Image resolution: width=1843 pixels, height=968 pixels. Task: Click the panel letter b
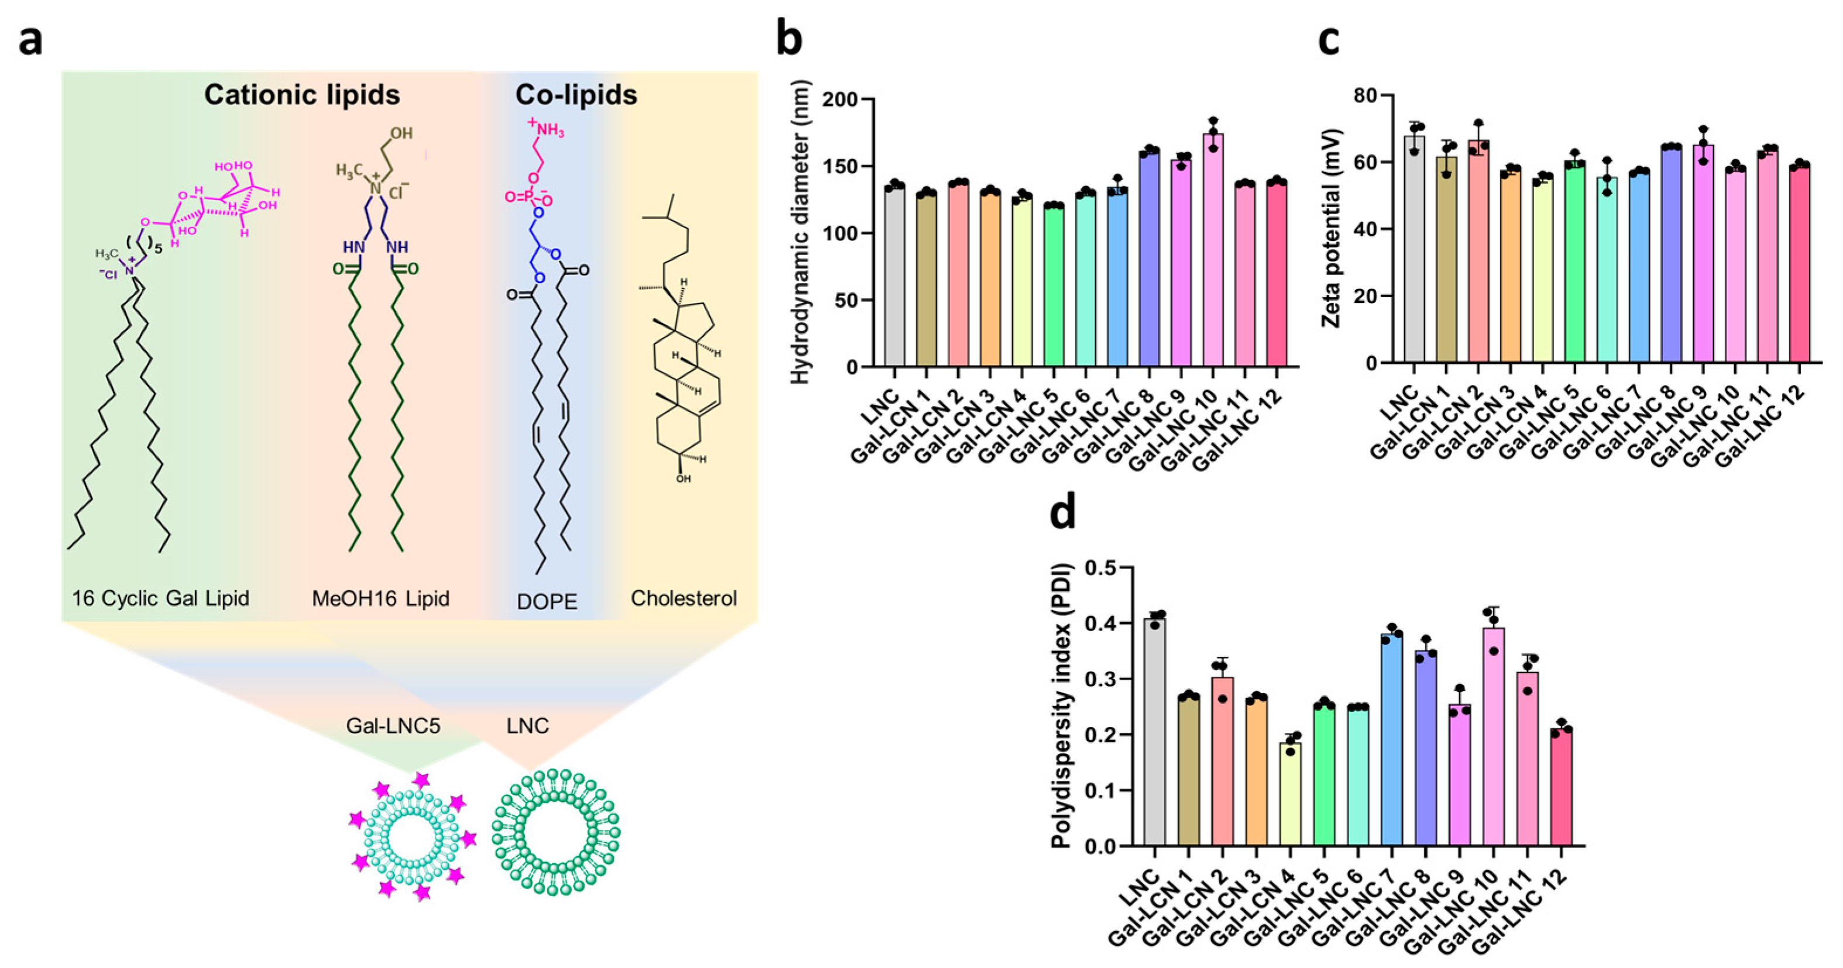click(x=789, y=39)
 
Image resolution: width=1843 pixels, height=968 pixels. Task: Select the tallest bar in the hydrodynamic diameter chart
click(x=1213, y=250)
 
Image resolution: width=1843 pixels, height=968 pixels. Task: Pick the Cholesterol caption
click(x=683, y=598)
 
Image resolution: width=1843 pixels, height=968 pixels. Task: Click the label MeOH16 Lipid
click(x=381, y=598)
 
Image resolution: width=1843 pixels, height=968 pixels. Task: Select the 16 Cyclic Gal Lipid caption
click(x=160, y=598)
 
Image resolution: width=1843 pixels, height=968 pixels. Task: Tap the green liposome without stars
click(x=556, y=832)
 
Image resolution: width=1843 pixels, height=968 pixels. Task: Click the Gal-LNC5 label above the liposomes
click(x=393, y=725)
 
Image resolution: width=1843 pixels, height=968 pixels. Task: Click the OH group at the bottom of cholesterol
click(x=683, y=478)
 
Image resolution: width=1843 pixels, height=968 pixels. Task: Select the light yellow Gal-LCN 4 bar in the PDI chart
click(x=1291, y=794)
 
